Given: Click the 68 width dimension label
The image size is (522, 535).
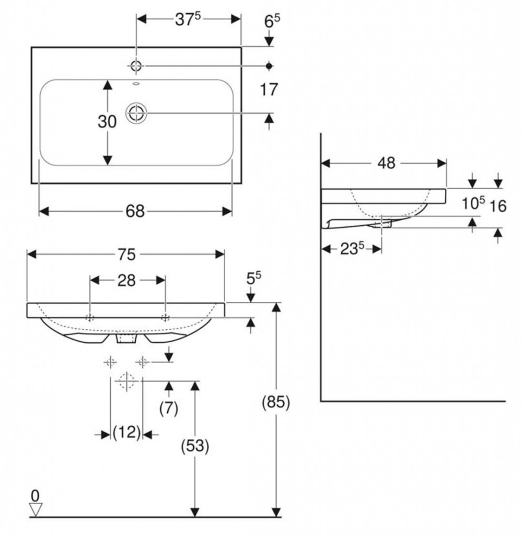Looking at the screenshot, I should (135, 211).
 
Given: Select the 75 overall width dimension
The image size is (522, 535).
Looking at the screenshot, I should (126, 254).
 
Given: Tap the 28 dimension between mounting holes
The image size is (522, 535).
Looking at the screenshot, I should (126, 281).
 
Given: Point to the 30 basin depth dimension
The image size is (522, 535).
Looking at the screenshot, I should (107, 121).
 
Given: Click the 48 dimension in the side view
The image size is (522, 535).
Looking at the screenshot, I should (386, 163).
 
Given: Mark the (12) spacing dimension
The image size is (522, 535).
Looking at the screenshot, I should (126, 432).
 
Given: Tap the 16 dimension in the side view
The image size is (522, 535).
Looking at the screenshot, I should (498, 206).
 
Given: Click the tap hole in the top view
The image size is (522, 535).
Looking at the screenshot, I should (136, 65).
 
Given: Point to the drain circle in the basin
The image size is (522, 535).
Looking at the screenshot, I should (136, 113).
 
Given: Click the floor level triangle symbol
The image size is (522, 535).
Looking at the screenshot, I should (36, 509).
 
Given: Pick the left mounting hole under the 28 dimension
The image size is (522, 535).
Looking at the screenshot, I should (90, 318).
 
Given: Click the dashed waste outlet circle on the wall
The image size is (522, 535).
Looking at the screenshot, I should (126, 381).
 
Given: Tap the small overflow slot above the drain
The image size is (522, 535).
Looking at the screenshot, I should (136, 83).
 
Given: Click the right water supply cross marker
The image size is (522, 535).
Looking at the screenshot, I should (142, 361).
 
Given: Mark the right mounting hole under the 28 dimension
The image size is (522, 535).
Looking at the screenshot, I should (165, 318).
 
